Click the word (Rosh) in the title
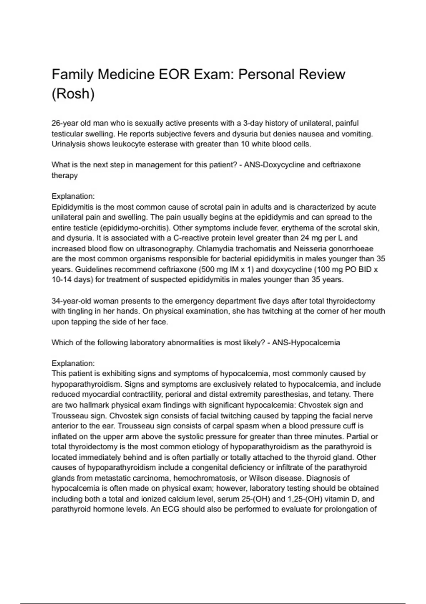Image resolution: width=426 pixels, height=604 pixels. tap(73, 94)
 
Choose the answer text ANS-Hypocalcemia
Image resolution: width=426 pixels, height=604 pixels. tap(306, 343)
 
